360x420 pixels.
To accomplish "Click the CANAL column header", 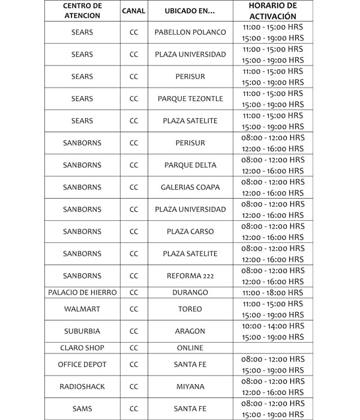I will [x=133, y=11].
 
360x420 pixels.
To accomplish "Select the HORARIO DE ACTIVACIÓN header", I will [x=272, y=11].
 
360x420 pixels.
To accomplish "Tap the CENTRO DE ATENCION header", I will [x=82, y=11].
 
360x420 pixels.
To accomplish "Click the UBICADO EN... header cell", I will [x=190, y=11].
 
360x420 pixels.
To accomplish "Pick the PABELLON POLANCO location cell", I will [x=190, y=32].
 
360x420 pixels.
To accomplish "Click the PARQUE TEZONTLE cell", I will [x=190, y=98].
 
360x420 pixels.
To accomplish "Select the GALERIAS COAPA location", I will [x=190, y=187].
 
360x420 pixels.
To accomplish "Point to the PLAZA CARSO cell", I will [x=190, y=232].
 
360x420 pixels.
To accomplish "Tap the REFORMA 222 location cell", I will [x=190, y=276].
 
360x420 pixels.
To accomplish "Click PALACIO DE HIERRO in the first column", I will [x=82, y=293].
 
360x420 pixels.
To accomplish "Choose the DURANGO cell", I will [x=190, y=293].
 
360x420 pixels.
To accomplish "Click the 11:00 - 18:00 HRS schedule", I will [x=272, y=293].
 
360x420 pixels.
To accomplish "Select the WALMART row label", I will [x=82, y=309].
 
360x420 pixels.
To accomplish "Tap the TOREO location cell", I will [x=190, y=309].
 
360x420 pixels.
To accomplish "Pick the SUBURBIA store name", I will [x=82, y=331].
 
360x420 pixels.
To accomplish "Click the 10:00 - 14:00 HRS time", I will [x=272, y=326].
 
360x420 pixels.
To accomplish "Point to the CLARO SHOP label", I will [x=82, y=348].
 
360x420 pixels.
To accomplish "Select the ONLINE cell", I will [x=190, y=348].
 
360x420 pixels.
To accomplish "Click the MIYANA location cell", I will [x=190, y=386].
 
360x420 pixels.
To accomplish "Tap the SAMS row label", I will [x=82, y=409].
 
